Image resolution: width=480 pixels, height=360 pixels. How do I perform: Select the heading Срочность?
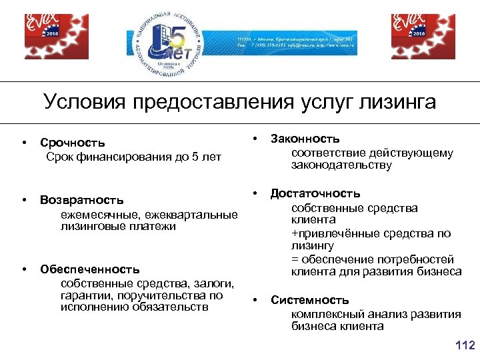[72, 143]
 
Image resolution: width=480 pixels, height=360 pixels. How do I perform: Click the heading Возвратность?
[81, 200]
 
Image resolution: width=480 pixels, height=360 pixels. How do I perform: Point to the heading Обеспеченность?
[89, 269]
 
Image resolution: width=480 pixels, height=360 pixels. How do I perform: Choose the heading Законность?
[305, 139]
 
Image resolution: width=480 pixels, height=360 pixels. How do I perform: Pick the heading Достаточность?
[315, 194]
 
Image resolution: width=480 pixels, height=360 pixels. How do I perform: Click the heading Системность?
[309, 300]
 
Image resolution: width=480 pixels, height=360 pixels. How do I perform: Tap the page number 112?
[464, 345]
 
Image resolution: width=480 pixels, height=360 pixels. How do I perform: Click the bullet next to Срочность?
[23, 143]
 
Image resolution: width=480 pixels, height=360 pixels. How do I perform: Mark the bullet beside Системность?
[255, 300]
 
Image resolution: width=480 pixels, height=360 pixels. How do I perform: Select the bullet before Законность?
[255, 139]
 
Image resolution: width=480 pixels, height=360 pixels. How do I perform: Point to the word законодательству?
[341, 165]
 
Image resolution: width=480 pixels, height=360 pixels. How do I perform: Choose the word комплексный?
[324, 313]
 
